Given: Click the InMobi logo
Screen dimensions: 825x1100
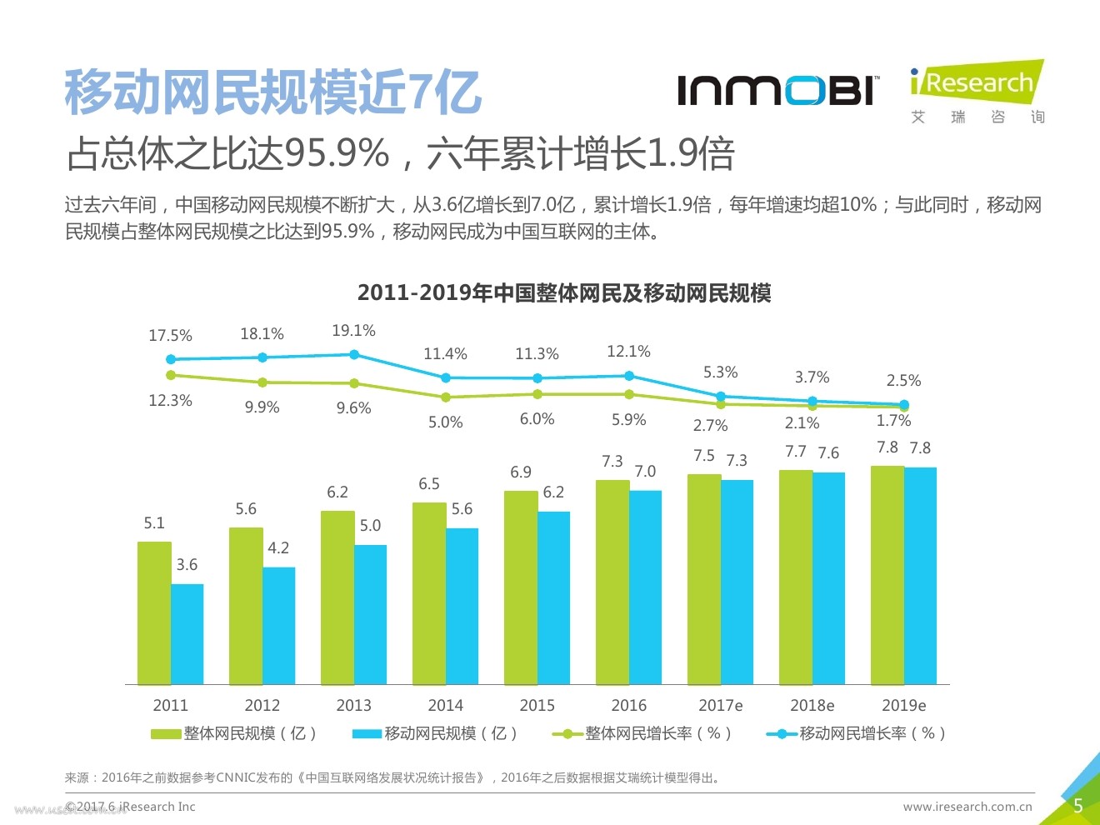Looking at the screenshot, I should [x=777, y=90].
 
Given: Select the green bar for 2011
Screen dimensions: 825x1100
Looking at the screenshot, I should [x=154, y=612].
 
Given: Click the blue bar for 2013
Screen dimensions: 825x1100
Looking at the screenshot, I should [x=370, y=614].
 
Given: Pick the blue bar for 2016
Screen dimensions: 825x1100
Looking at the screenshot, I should [x=645, y=587].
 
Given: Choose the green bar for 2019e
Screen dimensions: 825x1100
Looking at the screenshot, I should [x=887, y=575].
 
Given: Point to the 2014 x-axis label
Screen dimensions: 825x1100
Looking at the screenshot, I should [x=445, y=705].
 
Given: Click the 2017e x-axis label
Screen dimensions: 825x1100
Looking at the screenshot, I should [x=720, y=705].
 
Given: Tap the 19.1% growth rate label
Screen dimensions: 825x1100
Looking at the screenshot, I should [x=353, y=331].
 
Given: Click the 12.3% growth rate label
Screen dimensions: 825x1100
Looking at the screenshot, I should [x=170, y=401].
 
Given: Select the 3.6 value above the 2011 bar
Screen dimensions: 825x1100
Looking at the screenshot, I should [x=187, y=565].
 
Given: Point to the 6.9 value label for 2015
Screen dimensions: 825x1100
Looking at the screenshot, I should [x=521, y=472].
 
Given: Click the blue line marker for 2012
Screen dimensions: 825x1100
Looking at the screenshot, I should [x=262, y=357].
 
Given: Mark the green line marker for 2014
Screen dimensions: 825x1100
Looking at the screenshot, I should [x=446, y=397].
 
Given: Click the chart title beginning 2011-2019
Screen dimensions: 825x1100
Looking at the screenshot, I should [x=564, y=293].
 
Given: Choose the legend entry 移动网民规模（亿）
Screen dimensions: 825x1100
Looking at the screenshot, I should [x=436, y=733].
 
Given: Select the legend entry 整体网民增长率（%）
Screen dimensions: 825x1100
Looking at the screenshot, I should [x=642, y=733].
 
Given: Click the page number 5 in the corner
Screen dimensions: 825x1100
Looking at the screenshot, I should [x=1077, y=806].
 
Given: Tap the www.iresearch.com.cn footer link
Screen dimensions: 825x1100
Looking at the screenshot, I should [x=967, y=807].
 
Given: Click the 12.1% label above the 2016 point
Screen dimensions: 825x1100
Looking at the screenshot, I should [x=628, y=352].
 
